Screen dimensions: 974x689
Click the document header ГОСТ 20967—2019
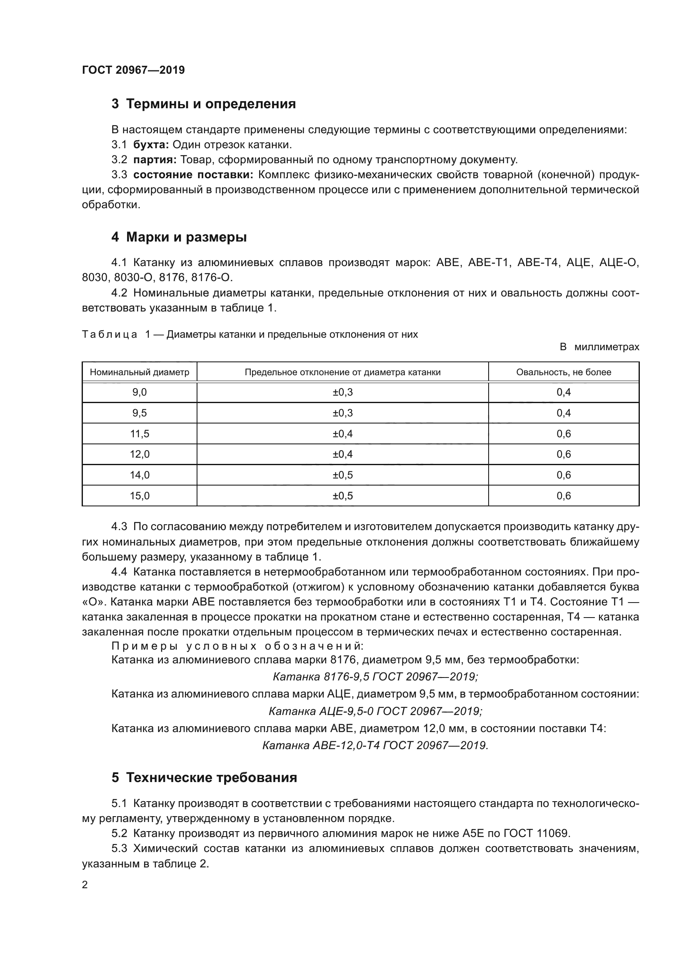pyautogui.click(x=133, y=70)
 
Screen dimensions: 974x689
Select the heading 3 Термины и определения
pyautogui.click(x=204, y=104)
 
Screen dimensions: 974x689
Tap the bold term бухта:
pyautogui.click(x=151, y=144)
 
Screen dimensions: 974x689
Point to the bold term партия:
pyautogui.click(x=155, y=160)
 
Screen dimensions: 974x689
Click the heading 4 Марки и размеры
pyautogui.click(x=179, y=237)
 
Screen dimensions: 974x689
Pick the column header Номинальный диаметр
pyautogui.click(x=139, y=372)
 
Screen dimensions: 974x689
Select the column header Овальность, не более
pyautogui.click(x=564, y=372)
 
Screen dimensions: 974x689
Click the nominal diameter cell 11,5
pyautogui.click(x=139, y=433)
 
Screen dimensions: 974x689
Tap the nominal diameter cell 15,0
pyautogui.click(x=139, y=496)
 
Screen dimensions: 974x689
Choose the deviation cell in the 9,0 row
pyautogui.click(x=342, y=392)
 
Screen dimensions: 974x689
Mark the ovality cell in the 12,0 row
pyautogui.click(x=564, y=454)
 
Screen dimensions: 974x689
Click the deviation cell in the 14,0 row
pyautogui.click(x=342, y=475)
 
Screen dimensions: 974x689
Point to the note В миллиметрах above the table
pyautogui.click(x=599, y=347)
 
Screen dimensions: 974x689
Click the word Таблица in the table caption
pyautogui.click(x=110, y=335)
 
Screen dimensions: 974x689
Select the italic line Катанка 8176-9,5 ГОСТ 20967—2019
pyautogui.click(x=375, y=677)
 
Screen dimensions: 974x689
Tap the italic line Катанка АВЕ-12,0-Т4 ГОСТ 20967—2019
pyautogui.click(x=375, y=745)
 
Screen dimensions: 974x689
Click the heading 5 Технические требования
pyautogui.click(x=204, y=777)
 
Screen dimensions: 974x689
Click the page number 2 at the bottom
pyautogui.click(x=85, y=885)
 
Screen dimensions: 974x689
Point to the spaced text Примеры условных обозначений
pyautogui.click(x=237, y=646)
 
